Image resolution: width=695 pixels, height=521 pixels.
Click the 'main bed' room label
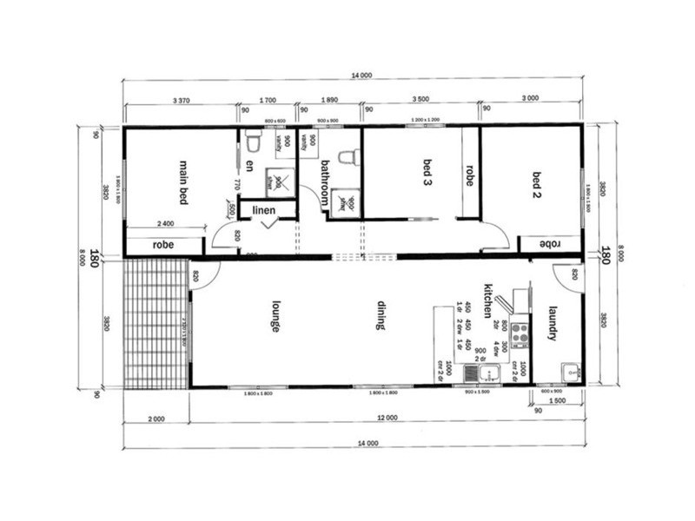tap(184, 181)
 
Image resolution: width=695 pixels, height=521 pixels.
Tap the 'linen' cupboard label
tap(265, 210)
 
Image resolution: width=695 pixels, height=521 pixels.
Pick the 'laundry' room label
tap(551, 322)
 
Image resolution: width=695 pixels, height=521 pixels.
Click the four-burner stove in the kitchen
tap(520, 333)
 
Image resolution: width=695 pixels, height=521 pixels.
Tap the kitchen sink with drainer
tap(480, 373)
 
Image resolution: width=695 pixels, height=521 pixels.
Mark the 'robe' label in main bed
tap(163, 245)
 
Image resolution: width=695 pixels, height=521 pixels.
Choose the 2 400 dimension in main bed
tap(169, 223)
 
